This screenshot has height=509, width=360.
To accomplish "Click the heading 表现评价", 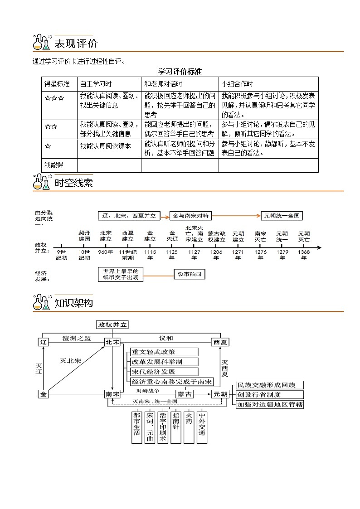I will point(75,44).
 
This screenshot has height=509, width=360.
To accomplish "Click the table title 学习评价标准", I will point(180,72).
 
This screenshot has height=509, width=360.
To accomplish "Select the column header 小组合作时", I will point(237,84).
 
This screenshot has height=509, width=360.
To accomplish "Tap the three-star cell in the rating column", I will point(54,97).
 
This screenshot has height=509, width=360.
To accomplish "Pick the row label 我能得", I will point(53,165).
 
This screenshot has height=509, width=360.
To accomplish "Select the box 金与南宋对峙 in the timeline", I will point(190,216).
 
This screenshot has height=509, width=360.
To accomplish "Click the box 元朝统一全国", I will point(282,216).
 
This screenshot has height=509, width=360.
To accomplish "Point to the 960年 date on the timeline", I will point(106,252).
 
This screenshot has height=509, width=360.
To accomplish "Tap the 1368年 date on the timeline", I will point(304,255).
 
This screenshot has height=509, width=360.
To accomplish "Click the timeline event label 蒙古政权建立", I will point(216,236).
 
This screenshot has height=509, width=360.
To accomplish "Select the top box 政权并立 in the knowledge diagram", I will point(113,325).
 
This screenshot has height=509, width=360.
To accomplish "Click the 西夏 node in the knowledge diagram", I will point(220,342).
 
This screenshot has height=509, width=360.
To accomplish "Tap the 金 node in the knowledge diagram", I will point(44,394).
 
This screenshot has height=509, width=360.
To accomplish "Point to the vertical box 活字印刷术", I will point(163,427).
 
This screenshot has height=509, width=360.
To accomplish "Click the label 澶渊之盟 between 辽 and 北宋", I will point(77,338).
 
